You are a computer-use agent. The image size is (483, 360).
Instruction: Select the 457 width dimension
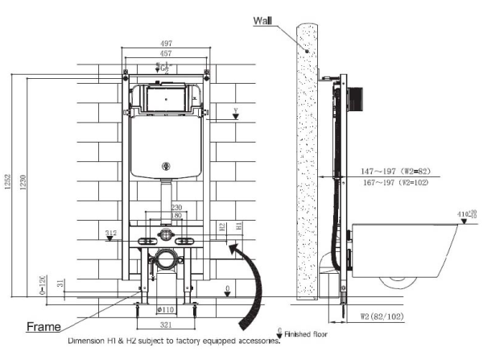(167, 54)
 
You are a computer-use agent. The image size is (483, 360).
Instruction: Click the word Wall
(263, 19)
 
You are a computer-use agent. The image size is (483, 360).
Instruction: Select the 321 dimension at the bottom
(165, 325)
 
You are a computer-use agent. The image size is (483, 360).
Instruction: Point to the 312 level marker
(111, 234)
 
